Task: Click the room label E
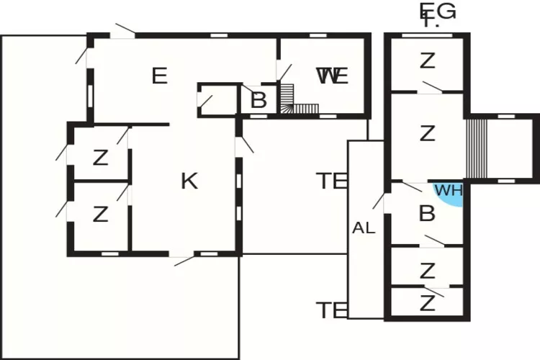tap(160, 76)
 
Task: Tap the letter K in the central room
tap(189, 181)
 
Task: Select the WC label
tap(333, 76)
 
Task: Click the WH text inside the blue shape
tap(448, 191)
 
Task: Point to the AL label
tap(364, 228)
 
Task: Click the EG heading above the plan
tap(438, 12)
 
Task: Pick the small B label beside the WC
tap(258, 100)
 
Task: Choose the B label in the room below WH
tap(427, 214)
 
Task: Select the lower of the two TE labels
tap(332, 310)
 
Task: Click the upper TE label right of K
tap(332, 181)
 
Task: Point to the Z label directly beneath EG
tap(428, 60)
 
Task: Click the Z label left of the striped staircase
tap(428, 133)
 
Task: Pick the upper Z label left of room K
tap(100, 157)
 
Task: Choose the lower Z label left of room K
tap(100, 214)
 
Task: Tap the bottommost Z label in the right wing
tap(428, 303)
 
